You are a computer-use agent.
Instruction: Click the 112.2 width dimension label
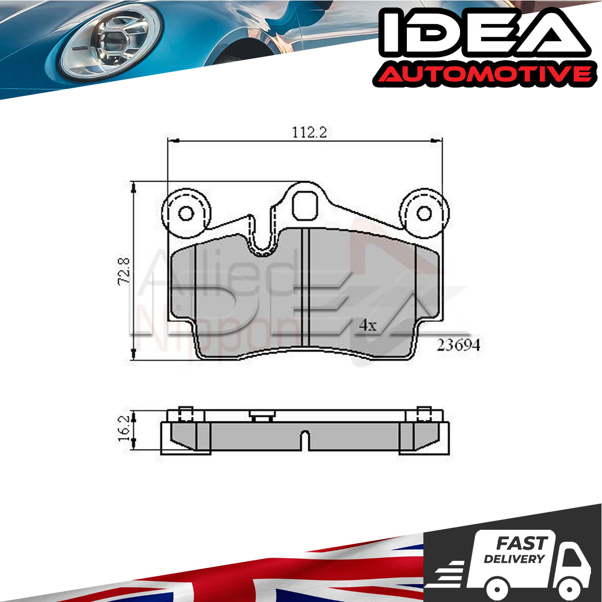310,132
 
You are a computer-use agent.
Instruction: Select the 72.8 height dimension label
124,270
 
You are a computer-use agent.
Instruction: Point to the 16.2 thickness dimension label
124,428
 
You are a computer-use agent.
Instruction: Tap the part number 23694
458,345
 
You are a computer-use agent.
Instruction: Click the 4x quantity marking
368,326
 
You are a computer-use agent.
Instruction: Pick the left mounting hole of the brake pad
186,214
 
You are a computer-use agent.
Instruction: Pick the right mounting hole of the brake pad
424,214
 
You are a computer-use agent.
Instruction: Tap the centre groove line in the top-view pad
305,287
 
